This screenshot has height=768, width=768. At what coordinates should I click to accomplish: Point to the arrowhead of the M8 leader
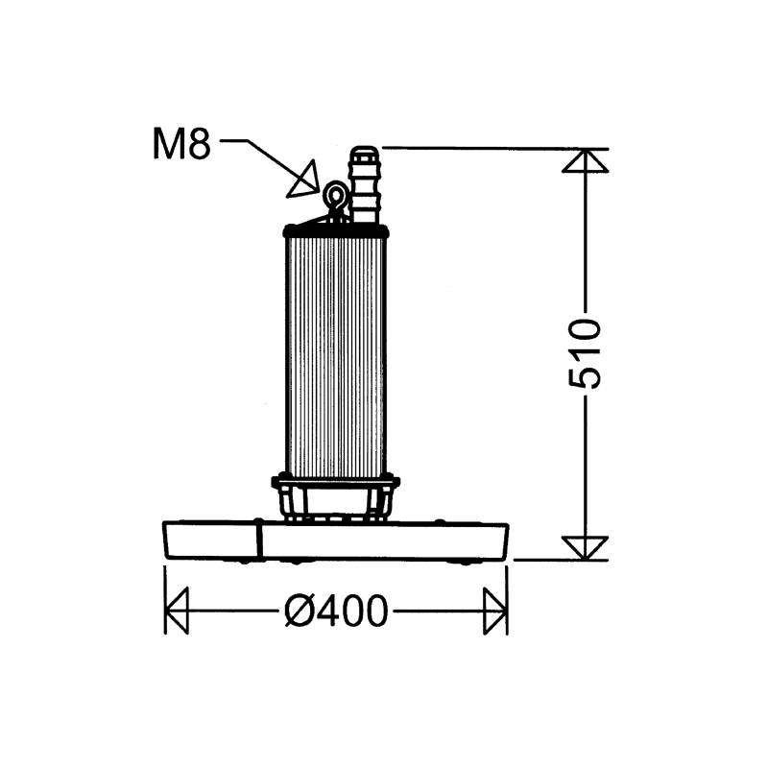[304, 180]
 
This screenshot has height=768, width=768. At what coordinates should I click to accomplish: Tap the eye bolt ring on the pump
[335, 197]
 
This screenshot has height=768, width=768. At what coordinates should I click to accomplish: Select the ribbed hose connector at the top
[364, 184]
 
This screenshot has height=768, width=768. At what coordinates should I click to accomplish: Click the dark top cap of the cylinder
[336, 230]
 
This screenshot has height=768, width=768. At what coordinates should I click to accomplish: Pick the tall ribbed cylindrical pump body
[336, 355]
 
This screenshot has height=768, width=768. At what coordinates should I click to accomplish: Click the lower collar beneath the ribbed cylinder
[336, 479]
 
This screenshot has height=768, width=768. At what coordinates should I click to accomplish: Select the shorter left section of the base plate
[212, 540]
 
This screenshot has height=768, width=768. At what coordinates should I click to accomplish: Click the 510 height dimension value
[585, 353]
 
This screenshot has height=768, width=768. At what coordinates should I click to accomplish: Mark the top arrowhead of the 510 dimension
[585, 160]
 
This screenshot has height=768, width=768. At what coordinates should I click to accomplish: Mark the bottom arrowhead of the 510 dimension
[585, 547]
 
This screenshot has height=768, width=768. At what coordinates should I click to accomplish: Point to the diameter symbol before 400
[298, 611]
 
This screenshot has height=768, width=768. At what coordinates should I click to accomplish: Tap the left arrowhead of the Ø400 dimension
[178, 611]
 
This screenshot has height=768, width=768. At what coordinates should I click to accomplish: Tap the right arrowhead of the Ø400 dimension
[495, 611]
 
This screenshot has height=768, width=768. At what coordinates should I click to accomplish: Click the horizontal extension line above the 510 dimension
[480, 148]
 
